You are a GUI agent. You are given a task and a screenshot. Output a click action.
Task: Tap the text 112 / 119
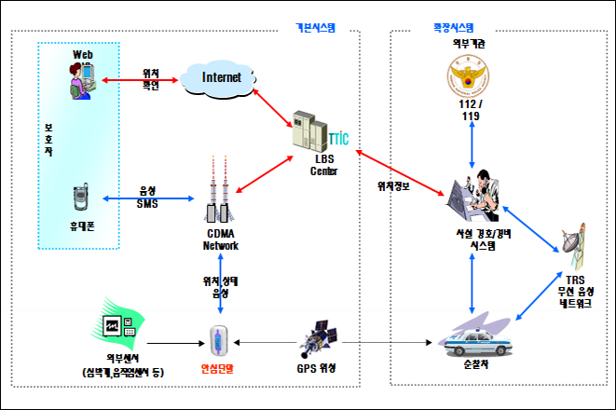pyautogui.click(x=465, y=110)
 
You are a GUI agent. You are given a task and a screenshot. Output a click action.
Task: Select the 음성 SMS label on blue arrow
pyautogui.click(x=147, y=197)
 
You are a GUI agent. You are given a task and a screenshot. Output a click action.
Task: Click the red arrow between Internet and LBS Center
pyautogui.click(x=273, y=105)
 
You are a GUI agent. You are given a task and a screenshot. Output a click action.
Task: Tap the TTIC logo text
pyautogui.click(x=337, y=140)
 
